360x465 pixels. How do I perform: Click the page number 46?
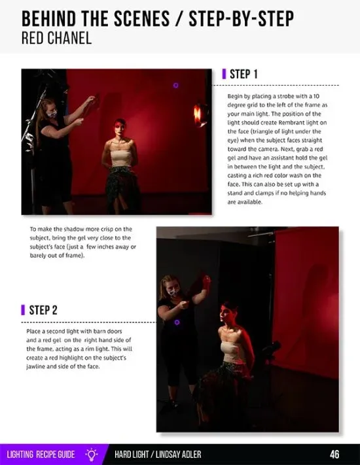334,455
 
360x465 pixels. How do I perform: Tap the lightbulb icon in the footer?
92,455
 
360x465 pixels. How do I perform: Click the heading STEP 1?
243,74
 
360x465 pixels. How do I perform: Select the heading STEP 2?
43,310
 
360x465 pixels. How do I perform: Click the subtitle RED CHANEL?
56,38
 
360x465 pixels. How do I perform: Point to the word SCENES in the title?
141,18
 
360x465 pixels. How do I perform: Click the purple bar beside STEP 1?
224,74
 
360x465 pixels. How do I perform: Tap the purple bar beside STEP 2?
23,310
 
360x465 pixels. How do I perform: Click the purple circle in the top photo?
175,86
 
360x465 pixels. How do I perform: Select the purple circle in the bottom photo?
177,322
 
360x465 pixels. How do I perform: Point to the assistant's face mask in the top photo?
52,114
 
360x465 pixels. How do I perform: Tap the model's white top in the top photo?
121,158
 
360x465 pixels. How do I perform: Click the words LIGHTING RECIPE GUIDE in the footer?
41,455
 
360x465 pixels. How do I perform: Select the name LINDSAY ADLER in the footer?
179,455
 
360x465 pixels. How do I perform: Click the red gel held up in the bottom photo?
198,284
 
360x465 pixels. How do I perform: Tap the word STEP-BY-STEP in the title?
242,18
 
